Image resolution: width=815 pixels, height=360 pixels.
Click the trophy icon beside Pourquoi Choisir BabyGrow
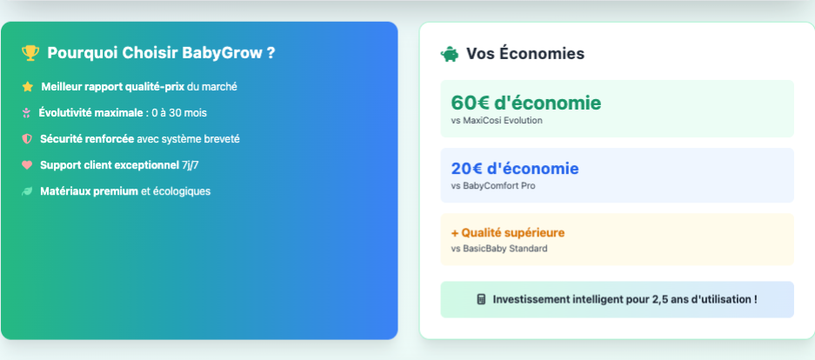[30, 53]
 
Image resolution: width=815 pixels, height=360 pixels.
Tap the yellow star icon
[28, 87]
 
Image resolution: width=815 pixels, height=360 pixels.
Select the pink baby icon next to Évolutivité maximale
[26, 113]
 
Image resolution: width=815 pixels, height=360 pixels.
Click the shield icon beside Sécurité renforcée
[27, 139]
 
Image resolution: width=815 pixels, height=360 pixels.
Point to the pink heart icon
[27, 165]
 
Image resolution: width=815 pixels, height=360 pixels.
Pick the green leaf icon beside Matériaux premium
[27, 191]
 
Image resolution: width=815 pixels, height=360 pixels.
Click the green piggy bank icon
[450, 54]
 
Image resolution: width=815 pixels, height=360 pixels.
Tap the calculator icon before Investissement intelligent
[481, 299]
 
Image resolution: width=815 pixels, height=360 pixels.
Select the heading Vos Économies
[525, 54]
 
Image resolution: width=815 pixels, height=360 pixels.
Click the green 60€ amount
[471, 103]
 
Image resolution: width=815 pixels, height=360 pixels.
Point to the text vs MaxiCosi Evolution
[497, 121]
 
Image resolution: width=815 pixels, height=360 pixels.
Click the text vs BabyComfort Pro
[493, 186]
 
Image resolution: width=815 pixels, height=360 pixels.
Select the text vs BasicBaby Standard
[499, 249]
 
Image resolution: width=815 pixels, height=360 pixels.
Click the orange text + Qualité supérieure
[507, 233]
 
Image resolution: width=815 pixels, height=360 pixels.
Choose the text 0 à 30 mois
[179, 113]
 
